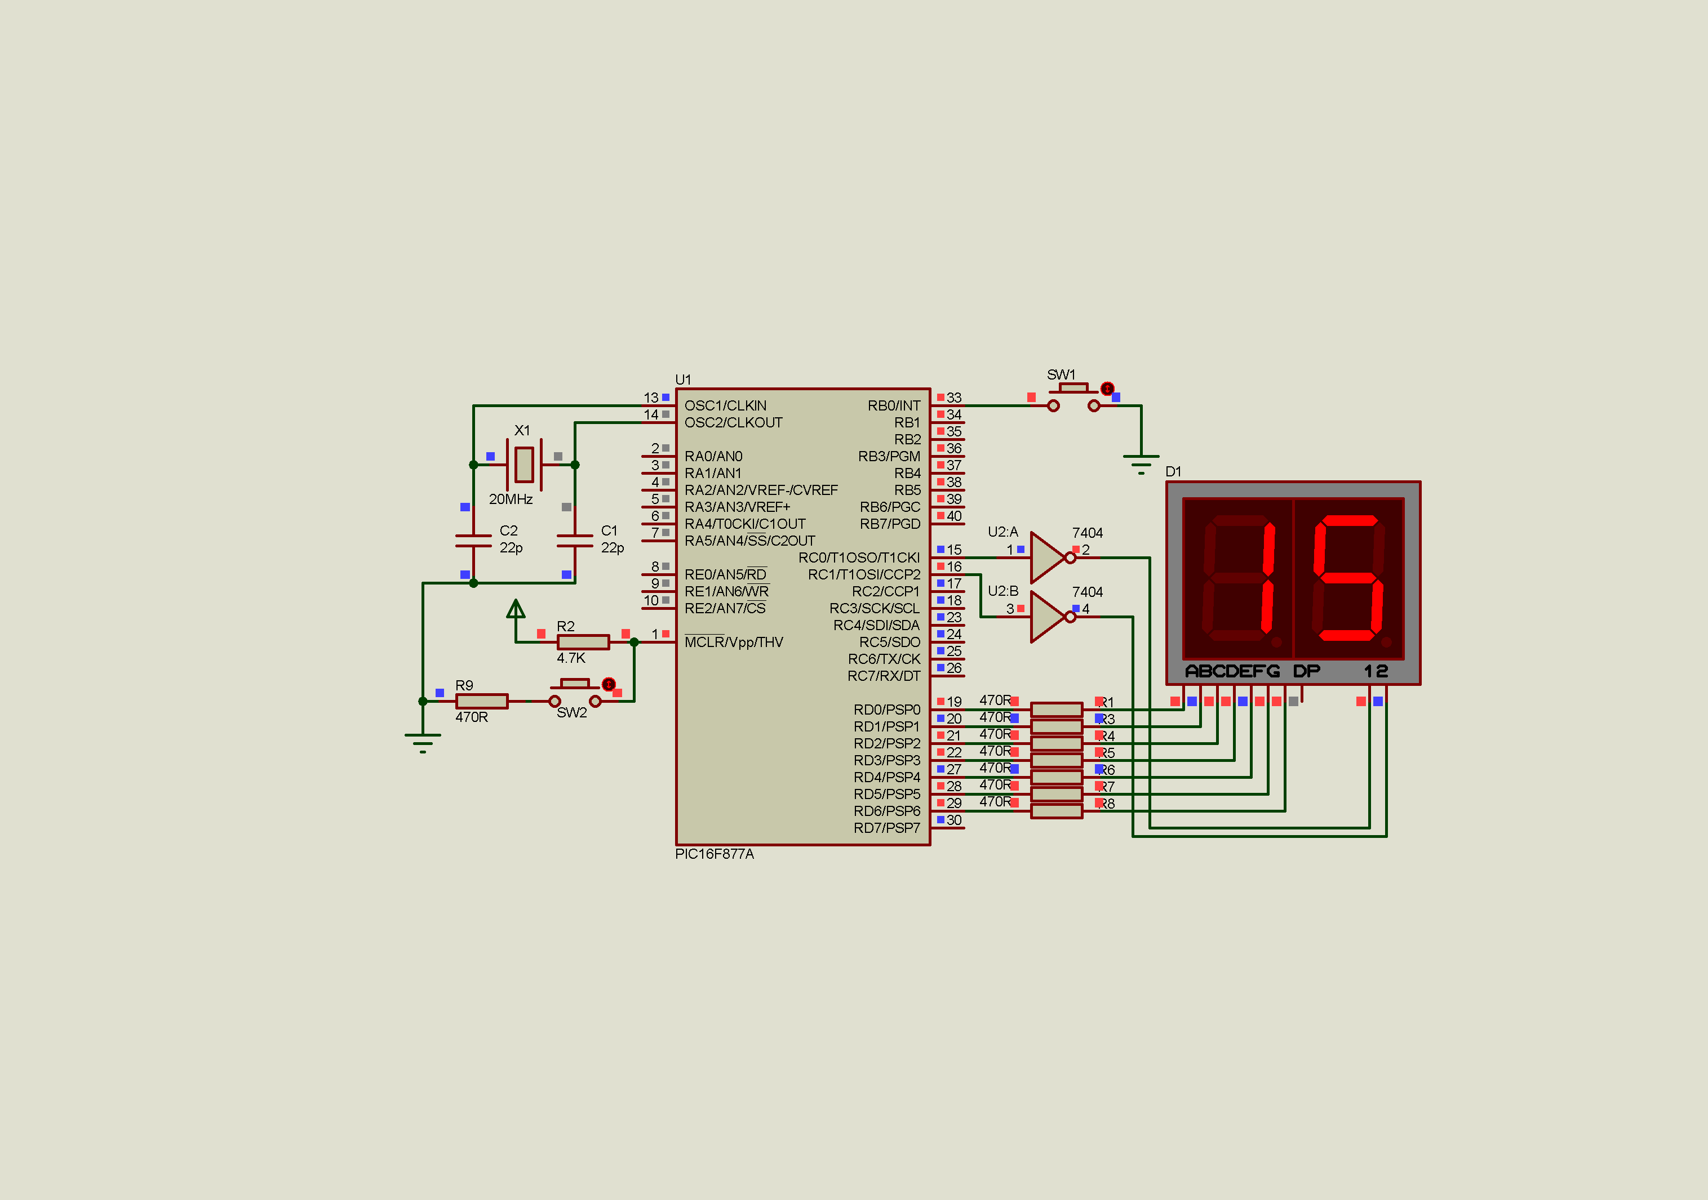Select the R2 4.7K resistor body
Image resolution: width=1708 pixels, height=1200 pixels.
coord(583,641)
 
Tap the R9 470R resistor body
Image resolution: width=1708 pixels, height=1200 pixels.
coord(481,701)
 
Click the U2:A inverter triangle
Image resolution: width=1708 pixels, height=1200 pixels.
coord(1048,557)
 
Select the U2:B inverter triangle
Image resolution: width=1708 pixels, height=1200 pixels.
coord(1048,617)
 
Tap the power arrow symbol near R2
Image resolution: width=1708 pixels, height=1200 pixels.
coord(516,610)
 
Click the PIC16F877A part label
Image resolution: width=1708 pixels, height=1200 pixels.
coord(714,854)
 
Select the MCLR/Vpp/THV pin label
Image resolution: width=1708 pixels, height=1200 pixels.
coord(734,643)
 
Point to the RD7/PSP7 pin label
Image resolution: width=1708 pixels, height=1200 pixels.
coord(887,828)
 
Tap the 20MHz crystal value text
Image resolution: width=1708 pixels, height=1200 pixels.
coord(511,499)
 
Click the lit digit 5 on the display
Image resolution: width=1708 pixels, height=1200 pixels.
coord(1347,578)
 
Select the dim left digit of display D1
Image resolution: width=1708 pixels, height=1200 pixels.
coord(1238,578)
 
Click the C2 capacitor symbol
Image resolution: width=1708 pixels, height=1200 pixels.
coord(473,541)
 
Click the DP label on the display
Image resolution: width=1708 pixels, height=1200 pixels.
coord(1306,671)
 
